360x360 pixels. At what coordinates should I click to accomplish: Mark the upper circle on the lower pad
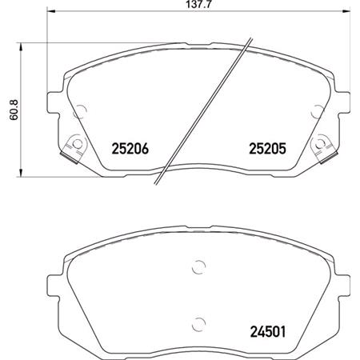pos(198,269)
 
